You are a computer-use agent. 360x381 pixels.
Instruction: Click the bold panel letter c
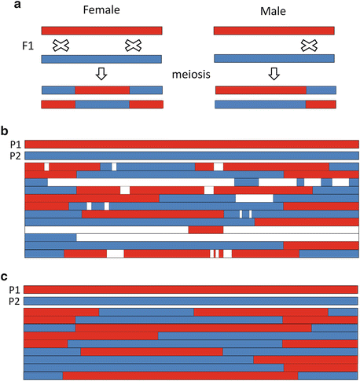coord(5,277)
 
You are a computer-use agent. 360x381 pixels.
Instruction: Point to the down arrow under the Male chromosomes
coord(274,74)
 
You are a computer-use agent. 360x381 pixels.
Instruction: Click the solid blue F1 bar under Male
coord(275,58)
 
